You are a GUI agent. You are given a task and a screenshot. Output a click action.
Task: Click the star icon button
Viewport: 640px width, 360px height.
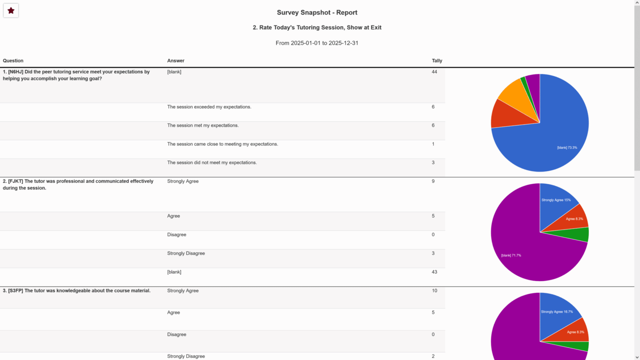pyautogui.click(x=11, y=11)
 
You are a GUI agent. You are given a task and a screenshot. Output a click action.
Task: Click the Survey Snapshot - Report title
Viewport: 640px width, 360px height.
pyautogui.click(x=317, y=12)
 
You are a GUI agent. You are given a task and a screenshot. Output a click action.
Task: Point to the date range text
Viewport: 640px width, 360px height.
pyautogui.click(x=317, y=43)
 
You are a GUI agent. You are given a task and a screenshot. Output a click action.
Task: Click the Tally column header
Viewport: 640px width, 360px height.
pyautogui.click(x=437, y=61)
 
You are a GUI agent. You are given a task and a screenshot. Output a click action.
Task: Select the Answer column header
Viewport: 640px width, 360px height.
pyautogui.click(x=175, y=61)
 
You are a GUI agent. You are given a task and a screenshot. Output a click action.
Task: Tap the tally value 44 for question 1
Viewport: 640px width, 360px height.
pyautogui.click(x=434, y=72)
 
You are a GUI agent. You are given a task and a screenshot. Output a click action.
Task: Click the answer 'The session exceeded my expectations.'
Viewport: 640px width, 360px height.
pyautogui.click(x=209, y=107)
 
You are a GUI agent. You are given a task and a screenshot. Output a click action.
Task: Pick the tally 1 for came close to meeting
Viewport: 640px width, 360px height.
pyautogui.click(x=433, y=144)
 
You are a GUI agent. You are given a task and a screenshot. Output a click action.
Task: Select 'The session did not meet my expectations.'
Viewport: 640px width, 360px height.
pyautogui.click(x=212, y=163)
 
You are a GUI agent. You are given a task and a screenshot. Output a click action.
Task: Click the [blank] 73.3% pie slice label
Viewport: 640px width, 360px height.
pyautogui.click(x=567, y=148)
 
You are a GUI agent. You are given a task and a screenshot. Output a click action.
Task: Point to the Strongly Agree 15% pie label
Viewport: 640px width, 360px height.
pyautogui.click(x=556, y=200)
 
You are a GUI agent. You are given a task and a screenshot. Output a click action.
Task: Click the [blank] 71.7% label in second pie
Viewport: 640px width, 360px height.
pyautogui.click(x=511, y=255)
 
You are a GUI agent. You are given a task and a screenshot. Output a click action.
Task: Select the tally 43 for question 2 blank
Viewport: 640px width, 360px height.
pyautogui.click(x=434, y=272)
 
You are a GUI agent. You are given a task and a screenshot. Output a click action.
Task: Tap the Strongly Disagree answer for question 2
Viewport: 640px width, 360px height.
pyautogui.click(x=186, y=253)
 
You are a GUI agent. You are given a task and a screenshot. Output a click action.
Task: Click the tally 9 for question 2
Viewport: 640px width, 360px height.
pyautogui.click(x=433, y=181)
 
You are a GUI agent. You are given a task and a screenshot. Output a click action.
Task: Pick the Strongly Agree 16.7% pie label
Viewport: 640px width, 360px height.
pyautogui.click(x=557, y=312)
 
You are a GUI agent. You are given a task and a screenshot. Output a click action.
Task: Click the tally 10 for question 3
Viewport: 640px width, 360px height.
pyautogui.click(x=434, y=291)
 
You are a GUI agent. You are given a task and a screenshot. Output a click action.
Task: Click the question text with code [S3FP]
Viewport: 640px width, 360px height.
pyautogui.click(x=77, y=291)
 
